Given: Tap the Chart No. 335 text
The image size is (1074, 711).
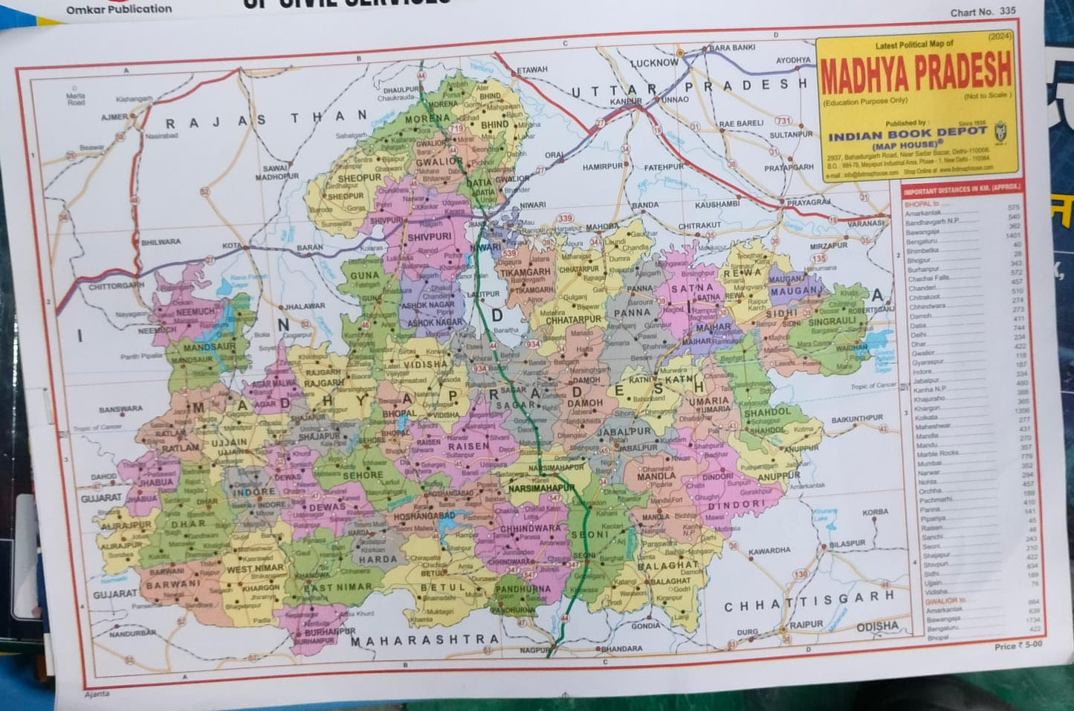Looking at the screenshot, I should coord(983,12).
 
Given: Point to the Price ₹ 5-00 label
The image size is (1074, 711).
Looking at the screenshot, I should coord(1018,646).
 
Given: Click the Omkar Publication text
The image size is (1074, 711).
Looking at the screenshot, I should coord(119,9).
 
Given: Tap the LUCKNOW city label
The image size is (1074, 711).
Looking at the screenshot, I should coord(654,63).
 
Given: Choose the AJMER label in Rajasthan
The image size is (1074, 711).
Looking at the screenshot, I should coord(114,117).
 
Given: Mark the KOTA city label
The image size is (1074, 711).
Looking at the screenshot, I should coord(231,245).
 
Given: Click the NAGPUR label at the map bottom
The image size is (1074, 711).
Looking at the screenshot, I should coord(534,650).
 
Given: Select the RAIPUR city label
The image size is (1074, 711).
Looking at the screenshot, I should coord(806,624).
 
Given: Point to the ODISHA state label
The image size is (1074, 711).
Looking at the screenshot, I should coord(877,626).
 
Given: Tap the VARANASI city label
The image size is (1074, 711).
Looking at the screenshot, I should coord(866,223).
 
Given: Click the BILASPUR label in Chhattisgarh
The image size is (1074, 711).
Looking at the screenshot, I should coord(847,544).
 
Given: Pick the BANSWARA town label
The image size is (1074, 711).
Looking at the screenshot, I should coord(120,409).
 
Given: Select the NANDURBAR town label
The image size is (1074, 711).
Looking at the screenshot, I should coord(132,634).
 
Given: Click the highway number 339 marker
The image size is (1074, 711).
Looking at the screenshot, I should coord(566,218).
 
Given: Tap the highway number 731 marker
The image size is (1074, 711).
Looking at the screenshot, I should coord(783,120).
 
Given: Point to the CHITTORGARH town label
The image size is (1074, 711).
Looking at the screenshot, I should coord(116,286).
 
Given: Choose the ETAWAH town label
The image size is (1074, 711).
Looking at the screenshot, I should coord(532,70).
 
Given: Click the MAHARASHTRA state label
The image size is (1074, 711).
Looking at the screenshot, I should coord(424,640).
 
